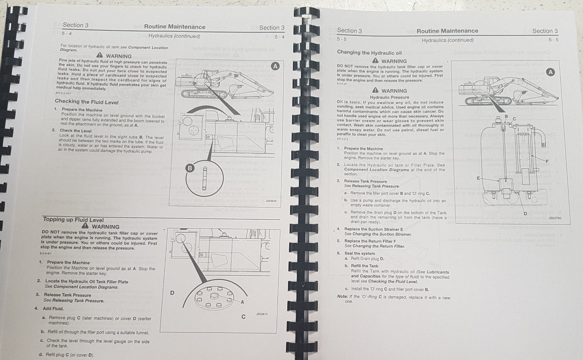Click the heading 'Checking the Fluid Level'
click(x=86, y=102)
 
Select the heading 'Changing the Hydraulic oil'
click(x=369, y=53)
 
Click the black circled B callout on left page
click(x=189, y=168)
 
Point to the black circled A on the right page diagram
click(x=550, y=72)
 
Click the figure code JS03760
click(x=555, y=218)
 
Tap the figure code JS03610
click(x=262, y=314)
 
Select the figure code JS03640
click(x=271, y=200)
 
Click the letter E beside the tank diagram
click(x=478, y=178)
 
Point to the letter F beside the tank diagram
click(x=547, y=161)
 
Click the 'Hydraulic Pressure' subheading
click(x=389, y=97)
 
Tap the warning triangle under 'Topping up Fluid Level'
click(x=85, y=226)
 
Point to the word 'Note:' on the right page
click(x=342, y=296)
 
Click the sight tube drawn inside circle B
click(x=205, y=178)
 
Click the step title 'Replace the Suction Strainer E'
click(x=374, y=229)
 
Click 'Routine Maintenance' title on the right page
click(x=447, y=31)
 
